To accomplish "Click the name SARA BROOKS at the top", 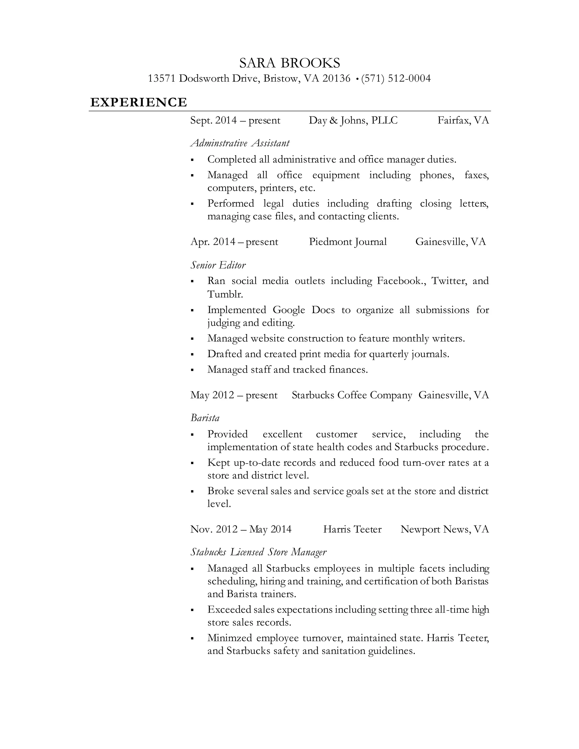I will click(289, 63).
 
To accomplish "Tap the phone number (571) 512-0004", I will click(396, 79).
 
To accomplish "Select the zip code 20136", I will click(336, 79).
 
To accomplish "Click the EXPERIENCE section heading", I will click(139, 102).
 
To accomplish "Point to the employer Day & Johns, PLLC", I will click(353, 120).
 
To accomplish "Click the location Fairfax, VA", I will click(463, 120).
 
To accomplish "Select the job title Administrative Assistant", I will click(240, 143).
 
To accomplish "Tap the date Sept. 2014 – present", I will click(235, 120).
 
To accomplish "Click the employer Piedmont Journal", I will click(348, 242).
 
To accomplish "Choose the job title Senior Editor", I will click(218, 265).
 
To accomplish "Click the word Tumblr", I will click(225, 294).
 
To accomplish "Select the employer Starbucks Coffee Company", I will click(352, 395).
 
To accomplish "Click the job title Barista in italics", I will click(205, 418).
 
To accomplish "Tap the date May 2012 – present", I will click(234, 395).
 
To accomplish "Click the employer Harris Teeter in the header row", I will click(352, 529).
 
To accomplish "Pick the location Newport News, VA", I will click(444, 529).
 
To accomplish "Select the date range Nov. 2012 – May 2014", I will click(241, 529).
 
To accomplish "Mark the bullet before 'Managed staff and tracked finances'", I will click(193, 370).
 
